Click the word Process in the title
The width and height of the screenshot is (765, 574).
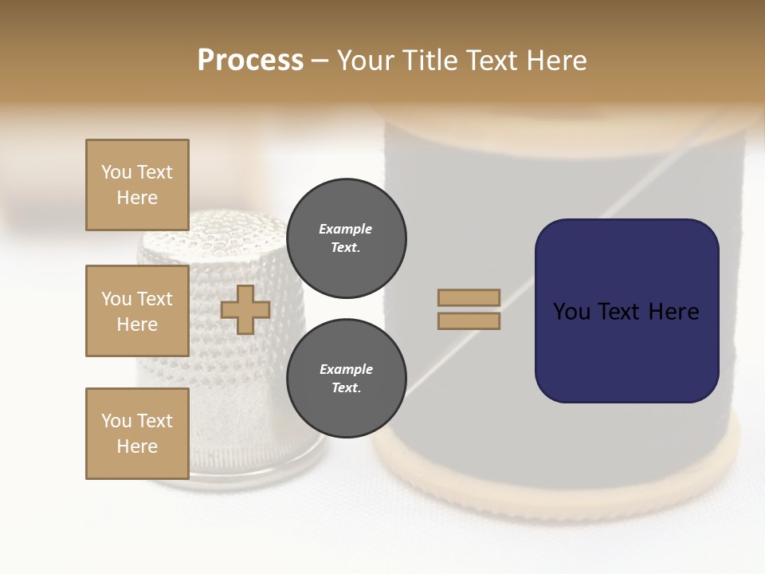250,61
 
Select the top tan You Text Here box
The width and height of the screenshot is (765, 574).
137,185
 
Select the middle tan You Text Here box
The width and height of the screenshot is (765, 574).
137,311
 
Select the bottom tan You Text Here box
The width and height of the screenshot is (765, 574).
137,434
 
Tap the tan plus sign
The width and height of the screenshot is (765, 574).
245,309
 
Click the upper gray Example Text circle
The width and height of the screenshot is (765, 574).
346,238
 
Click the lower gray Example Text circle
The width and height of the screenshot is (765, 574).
346,379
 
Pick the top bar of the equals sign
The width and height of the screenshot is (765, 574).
469,297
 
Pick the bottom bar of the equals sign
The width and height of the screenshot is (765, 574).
469,320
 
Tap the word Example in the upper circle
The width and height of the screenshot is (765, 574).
345,229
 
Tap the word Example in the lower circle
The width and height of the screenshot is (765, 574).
345,369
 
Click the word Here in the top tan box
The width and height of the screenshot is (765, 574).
137,198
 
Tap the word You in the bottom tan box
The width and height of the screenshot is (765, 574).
116,421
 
